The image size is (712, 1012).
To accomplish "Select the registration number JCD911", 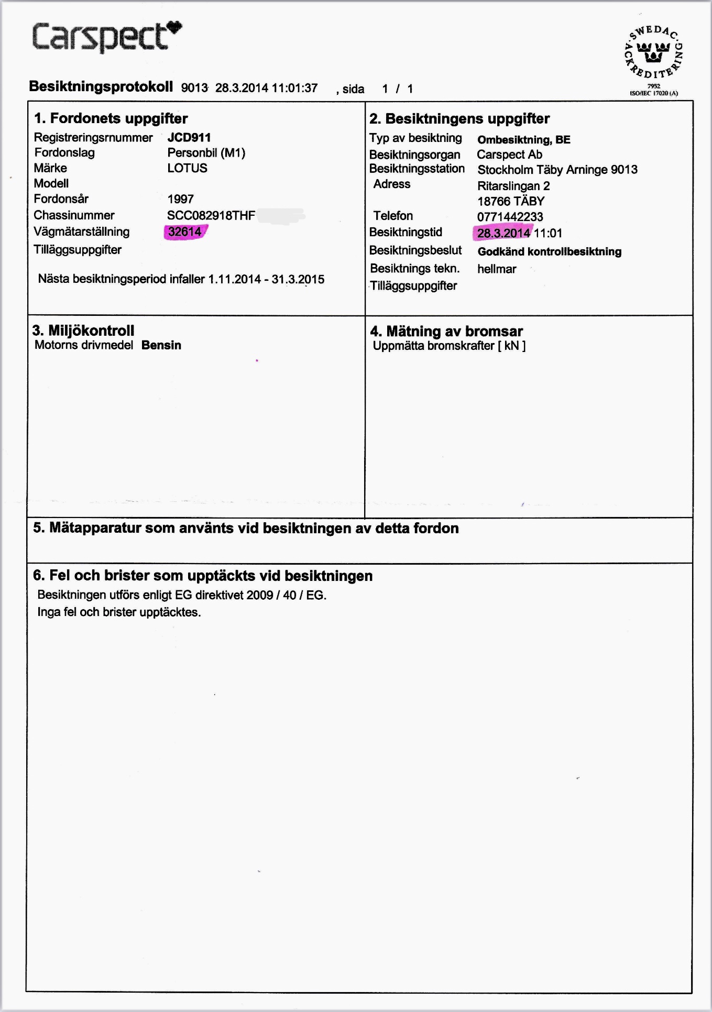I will [x=189, y=138].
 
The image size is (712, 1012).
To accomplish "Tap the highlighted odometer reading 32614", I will [x=184, y=232].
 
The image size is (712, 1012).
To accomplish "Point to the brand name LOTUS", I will [x=187, y=168].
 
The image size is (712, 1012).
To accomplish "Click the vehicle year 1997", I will [x=180, y=199].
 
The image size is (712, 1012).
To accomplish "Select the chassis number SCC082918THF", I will [x=211, y=215].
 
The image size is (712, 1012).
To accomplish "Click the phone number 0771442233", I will [x=510, y=217].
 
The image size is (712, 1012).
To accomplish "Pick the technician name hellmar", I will [x=496, y=269].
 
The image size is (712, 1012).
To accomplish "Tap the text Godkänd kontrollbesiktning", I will [x=549, y=251].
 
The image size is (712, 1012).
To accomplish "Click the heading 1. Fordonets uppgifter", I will [x=111, y=118].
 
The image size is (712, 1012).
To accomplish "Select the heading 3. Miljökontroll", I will [x=83, y=331].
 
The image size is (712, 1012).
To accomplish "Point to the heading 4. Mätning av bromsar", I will [x=446, y=331].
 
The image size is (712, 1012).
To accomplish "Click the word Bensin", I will [x=161, y=345].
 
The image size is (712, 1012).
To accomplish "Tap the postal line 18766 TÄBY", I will [x=510, y=201].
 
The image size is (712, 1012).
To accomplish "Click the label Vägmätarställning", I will [x=81, y=232].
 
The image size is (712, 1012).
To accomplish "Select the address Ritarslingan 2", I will [x=513, y=186].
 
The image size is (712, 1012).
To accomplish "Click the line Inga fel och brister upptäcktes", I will [x=119, y=612].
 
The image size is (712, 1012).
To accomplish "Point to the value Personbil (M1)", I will [x=206, y=153].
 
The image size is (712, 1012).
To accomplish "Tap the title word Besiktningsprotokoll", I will [x=101, y=86].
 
